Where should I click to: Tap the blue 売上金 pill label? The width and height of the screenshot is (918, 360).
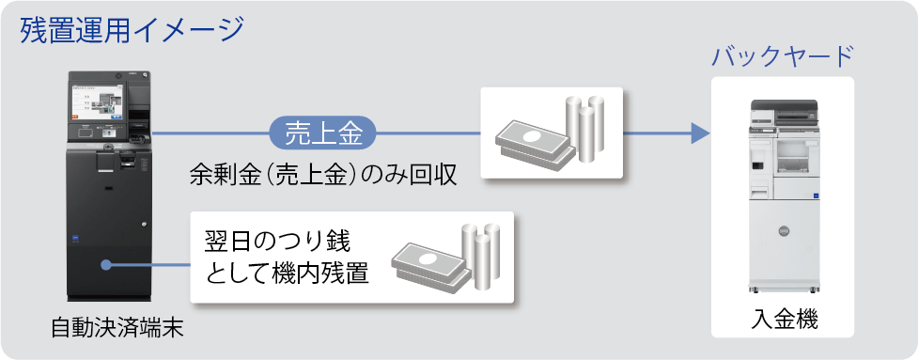pos(323,133)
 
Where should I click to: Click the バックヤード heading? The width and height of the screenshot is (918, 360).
pos(782,56)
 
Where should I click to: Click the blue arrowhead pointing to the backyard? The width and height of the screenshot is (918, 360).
pos(697,133)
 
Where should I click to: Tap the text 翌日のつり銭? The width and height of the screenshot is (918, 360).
pos(277,240)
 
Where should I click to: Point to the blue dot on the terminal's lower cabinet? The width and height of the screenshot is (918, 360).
pos(109,266)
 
